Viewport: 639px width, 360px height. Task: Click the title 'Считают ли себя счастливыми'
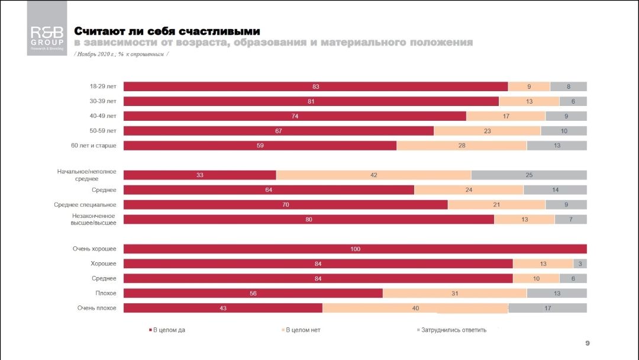(167, 31)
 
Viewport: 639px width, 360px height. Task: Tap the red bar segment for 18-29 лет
(315, 86)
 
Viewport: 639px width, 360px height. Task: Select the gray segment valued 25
(528, 175)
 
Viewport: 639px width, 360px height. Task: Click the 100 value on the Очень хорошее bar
(355, 249)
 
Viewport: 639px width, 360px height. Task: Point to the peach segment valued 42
(373, 175)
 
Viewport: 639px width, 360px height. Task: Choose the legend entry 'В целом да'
(168, 330)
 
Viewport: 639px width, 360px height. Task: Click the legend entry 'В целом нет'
(302, 330)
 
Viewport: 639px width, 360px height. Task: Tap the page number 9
(587, 343)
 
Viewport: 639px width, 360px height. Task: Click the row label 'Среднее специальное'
(85, 205)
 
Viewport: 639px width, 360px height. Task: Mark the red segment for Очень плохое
(222, 308)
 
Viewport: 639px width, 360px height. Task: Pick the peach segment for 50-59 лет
(487, 131)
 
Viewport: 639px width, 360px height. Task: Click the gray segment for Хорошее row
(580, 263)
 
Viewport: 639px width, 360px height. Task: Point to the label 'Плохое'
(104, 293)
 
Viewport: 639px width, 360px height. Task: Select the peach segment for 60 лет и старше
(461, 146)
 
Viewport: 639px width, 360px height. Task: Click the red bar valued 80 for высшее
(308, 220)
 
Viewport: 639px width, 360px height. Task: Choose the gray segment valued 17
(547, 308)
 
